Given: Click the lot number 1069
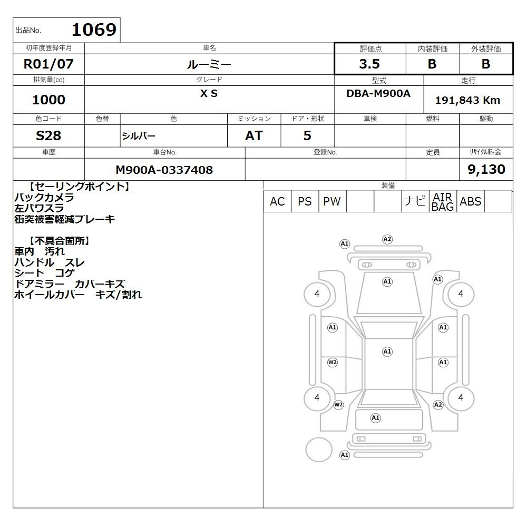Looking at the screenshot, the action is click(94, 30).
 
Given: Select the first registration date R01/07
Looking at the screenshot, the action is click(48, 64).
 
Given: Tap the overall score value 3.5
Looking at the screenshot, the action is click(369, 64).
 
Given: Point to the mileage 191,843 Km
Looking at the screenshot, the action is click(467, 100).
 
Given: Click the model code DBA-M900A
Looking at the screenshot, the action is click(378, 93).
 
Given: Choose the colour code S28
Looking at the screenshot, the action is click(48, 135).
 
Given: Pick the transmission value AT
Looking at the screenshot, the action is click(254, 135).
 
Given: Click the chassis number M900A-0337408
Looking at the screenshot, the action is click(164, 170).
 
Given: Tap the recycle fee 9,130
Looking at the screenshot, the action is click(486, 169).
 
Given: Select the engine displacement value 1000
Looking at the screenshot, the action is click(48, 100).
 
